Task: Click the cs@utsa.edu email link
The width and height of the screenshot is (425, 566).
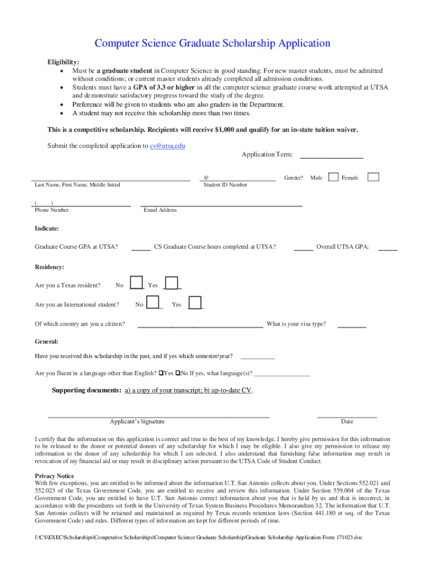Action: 167,146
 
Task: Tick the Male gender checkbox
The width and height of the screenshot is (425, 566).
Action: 333,177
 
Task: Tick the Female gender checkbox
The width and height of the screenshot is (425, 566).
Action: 374,177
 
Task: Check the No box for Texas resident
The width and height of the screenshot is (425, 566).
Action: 136,282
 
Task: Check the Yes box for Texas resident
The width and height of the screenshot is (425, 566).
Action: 172,282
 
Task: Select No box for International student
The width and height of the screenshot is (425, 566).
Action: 155,302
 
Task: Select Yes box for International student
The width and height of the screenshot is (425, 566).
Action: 195,302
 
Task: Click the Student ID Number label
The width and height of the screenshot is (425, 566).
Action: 225,185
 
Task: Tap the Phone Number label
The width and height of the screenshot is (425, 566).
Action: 52,210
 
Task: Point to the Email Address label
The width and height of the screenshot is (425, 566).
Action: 160,210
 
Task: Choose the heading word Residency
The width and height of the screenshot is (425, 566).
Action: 49,267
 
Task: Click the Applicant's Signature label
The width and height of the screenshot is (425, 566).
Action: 137,421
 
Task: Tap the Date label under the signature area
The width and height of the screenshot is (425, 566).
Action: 347,421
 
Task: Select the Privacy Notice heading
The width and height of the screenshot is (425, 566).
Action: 54,476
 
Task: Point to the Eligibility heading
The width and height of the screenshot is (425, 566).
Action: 62,62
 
